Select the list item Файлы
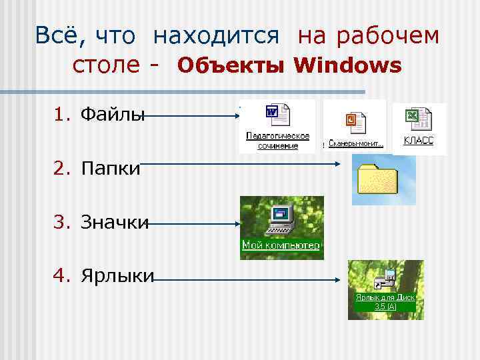pos(112,115)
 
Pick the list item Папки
pos(110,169)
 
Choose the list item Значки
pos(114,222)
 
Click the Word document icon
pos(276,115)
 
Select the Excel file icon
pos(418,120)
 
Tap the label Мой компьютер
pos(281,245)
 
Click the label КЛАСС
pos(419,141)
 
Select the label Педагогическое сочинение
pos(277,141)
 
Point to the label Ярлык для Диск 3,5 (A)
pos(385,302)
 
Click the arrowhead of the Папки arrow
pos(337,163)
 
